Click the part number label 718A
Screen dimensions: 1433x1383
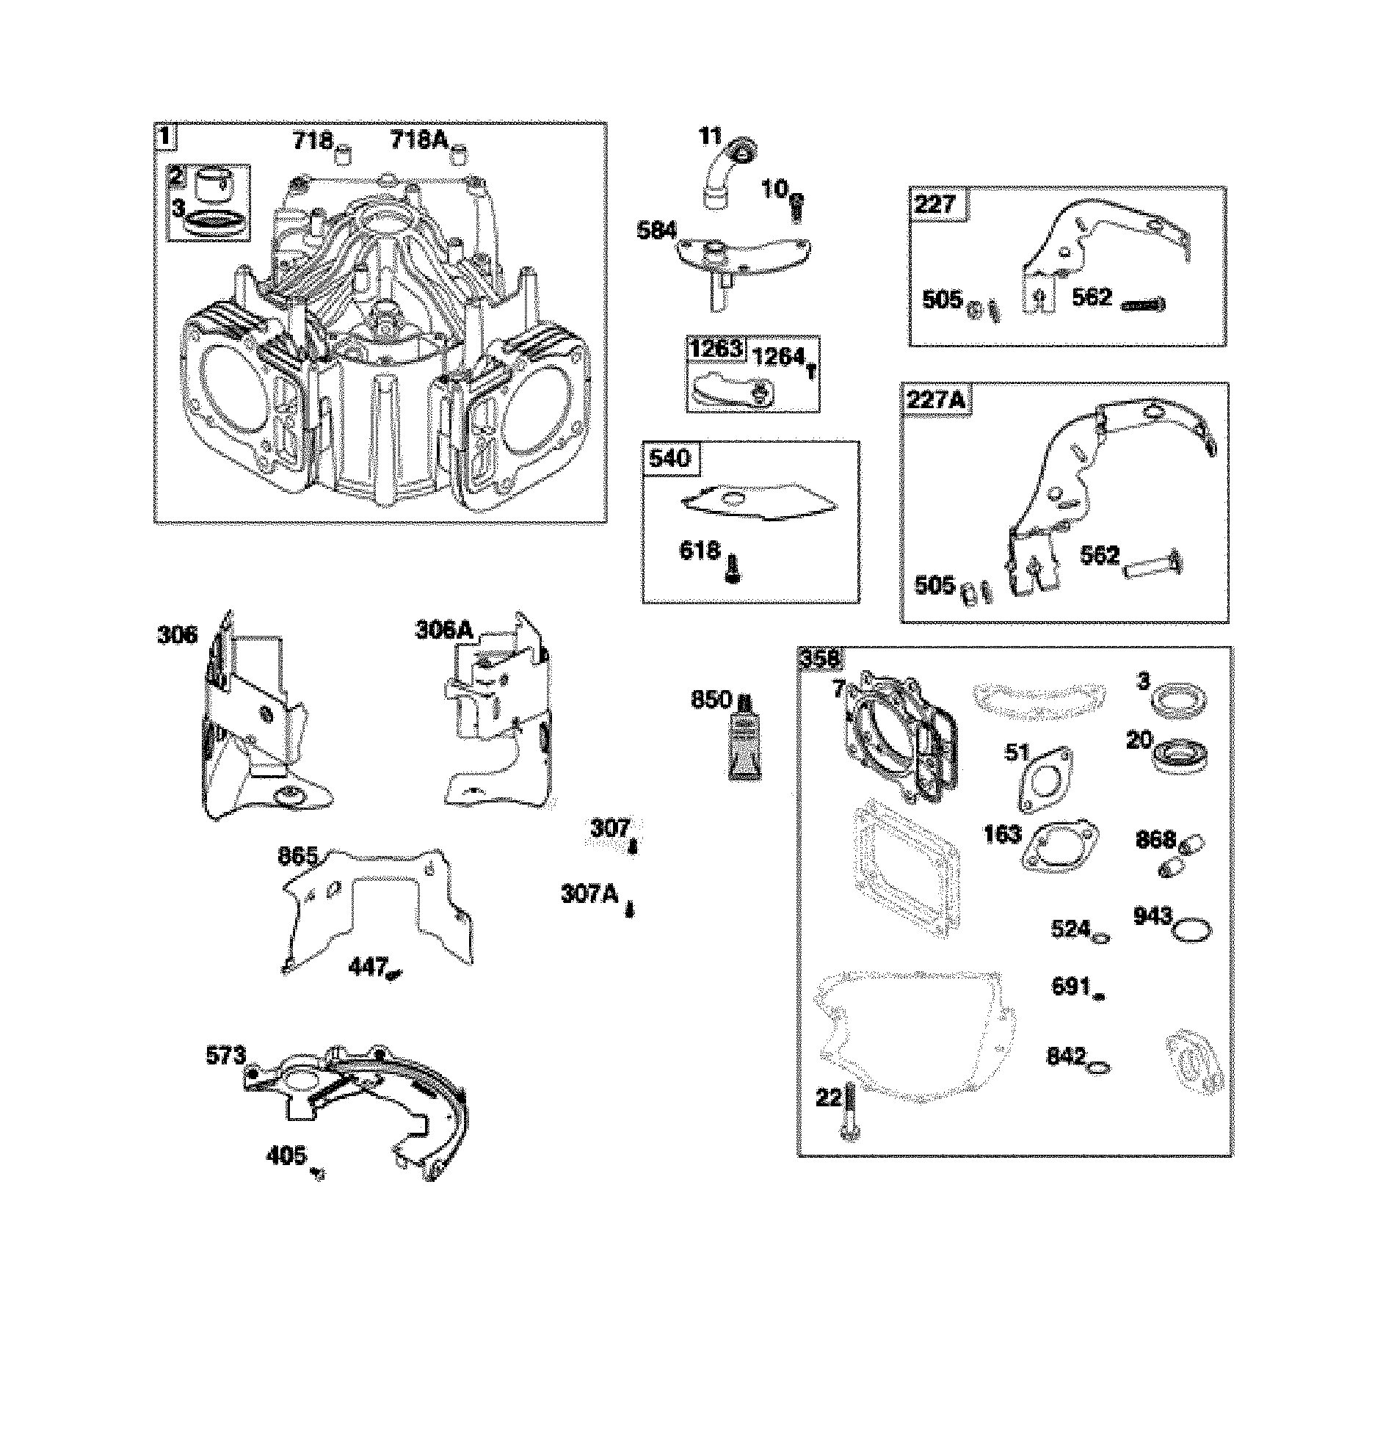pos(419,139)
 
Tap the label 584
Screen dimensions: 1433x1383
pos(656,231)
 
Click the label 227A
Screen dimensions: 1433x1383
pos(937,401)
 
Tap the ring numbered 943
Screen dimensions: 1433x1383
pos(1191,930)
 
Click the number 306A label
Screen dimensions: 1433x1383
pos(444,629)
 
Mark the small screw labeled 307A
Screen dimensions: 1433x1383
pos(629,910)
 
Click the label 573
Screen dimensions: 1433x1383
pos(225,1056)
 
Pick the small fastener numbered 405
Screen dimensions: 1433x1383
pos(318,1172)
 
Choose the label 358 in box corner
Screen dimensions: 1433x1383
pos(818,659)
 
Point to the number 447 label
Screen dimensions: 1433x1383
pos(367,968)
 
